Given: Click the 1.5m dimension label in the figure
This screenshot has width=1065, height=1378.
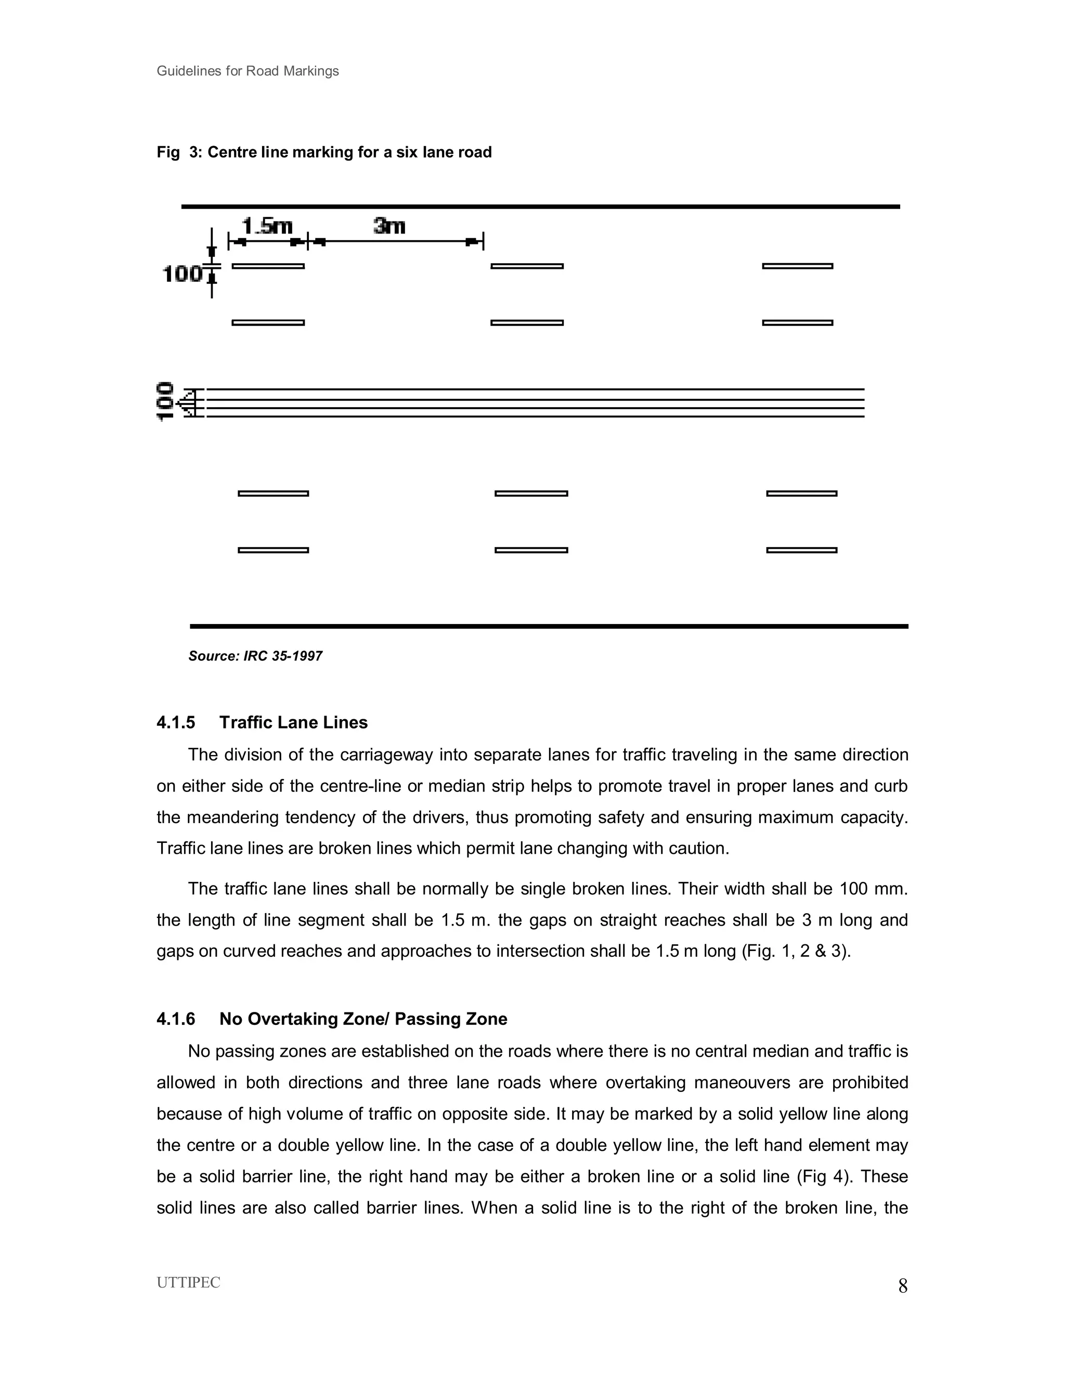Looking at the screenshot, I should [x=267, y=226].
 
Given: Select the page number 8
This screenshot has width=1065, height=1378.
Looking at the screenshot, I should [x=903, y=1286].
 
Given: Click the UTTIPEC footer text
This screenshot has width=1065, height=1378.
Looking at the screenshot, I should [x=188, y=1283].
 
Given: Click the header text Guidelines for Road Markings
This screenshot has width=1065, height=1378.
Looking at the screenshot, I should [x=248, y=71].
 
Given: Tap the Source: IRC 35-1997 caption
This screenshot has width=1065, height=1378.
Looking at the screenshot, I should [x=255, y=656].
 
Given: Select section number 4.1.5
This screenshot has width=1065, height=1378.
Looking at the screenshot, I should [x=175, y=722].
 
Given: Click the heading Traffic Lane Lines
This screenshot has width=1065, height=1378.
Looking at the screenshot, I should [x=293, y=722].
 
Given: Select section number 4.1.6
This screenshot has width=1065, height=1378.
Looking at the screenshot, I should [x=175, y=1019].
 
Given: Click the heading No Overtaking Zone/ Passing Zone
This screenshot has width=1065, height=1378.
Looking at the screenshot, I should [x=363, y=1019].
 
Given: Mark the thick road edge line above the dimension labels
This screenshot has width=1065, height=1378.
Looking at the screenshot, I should [x=540, y=206].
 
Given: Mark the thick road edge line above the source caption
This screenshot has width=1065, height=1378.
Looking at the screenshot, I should [x=549, y=627].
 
